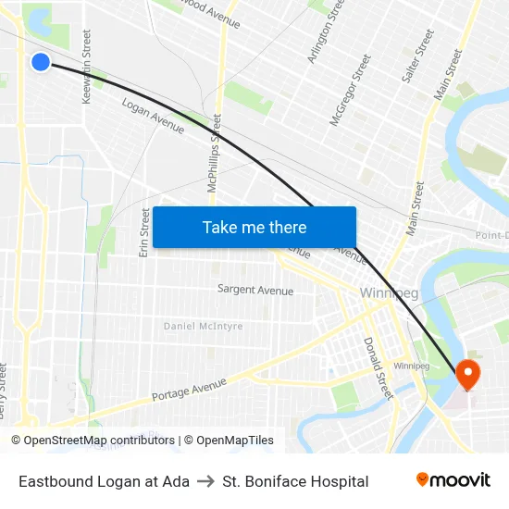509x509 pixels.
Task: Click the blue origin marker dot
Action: (x=40, y=62)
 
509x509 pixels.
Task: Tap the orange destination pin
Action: (x=467, y=373)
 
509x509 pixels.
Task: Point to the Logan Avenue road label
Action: (x=153, y=116)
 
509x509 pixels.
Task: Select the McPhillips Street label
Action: (x=216, y=153)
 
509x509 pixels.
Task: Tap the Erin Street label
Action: (x=144, y=232)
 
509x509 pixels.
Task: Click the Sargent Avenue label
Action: (x=254, y=291)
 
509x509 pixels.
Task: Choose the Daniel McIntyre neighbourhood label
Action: (x=204, y=326)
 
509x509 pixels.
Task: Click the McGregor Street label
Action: (x=350, y=90)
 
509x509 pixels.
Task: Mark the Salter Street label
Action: (x=417, y=56)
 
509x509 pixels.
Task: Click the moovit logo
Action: (x=453, y=479)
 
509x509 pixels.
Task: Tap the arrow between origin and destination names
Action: (x=205, y=481)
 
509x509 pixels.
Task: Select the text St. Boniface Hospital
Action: (x=295, y=481)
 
